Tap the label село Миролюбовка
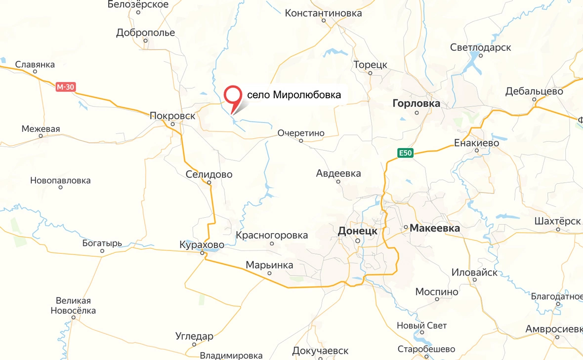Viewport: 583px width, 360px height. [x=293, y=95]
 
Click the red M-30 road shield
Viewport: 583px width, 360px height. [x=65, y=87]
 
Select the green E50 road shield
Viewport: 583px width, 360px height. [x=405, y=153]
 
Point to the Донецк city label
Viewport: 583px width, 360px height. [x=357, y=231]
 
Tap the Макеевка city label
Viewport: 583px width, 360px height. [x=435, y=228]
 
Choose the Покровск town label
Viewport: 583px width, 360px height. [x=172, y=116]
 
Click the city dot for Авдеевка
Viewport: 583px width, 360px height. [x=338, y=181]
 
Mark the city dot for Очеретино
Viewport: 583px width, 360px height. [x=301, y=141]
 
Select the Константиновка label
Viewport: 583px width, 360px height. [x=323, y=13]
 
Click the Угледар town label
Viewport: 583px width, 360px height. [x=194, y=337]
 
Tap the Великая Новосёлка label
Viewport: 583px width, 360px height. [x=73, y=306]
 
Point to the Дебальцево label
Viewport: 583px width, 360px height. [x=535, y=91]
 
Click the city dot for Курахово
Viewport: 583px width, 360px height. [x=203, y=253]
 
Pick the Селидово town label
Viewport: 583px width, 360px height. [x=209, y=174]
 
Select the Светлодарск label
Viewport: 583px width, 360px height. [x=480, y=47]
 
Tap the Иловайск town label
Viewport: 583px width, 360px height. [x=475, y=272]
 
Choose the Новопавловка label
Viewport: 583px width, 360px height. [x=60, y=180]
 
